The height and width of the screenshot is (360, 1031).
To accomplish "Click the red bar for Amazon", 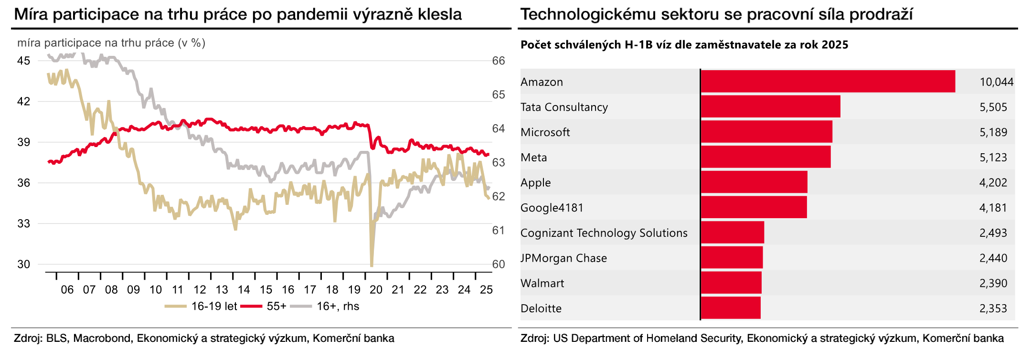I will pyautogui.click(x=828, y=81).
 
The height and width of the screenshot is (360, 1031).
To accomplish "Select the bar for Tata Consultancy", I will pyautogui.click(x=770, y=106).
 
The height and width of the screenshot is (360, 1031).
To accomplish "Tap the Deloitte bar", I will pyautogui.click(x=730, y=308).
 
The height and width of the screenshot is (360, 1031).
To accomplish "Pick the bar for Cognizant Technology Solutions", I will pyautogui.click(x=732, y=233).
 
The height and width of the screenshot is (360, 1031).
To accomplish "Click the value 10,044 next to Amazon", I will pyautogui.click(x=996, y=82).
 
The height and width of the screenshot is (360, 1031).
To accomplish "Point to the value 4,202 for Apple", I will pyautogui.click(x=993, y=183).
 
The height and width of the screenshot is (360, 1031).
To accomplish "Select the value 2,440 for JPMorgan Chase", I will pyautogui.click(x=993, y=258).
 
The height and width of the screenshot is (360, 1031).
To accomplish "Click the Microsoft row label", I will pyautogui.click(x=545, y=132).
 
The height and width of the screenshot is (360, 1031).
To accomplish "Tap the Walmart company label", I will pyautogui.click(x=542, y=283).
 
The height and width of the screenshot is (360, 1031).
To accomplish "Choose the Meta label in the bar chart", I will pyautogui.click(x=533, y=158).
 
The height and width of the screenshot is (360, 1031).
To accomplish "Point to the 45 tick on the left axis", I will pyautogui.click(x=23, y=61).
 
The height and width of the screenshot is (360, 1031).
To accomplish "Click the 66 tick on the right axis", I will pyautogui.click(x=498, y=61).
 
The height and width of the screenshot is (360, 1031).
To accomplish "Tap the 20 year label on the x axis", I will pyautogui.click(x=376, y=290).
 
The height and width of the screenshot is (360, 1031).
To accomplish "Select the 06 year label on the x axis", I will pyautogui.click(x=67, y=290).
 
